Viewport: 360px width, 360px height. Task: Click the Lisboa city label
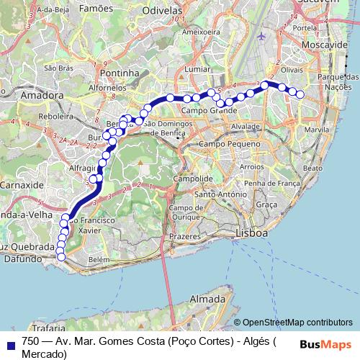pyautogui.click(x=252, y=233)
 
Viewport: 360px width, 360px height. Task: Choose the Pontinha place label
pyautogui.click(x=120, y=73)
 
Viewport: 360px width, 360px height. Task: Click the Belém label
pyautogui.click(x=98, y=259)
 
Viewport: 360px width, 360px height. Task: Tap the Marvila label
pyautogui.click(x=316, y=130)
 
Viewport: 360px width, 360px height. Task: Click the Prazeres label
pyautogui.click(x=183, y=237)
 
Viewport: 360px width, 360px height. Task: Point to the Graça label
pyautogui.click(x=266, y=205)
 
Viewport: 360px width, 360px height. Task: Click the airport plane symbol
pyautogui.click(x=261, y=35)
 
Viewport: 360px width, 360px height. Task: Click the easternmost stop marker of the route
pyautogui.click(x=300, y=94)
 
